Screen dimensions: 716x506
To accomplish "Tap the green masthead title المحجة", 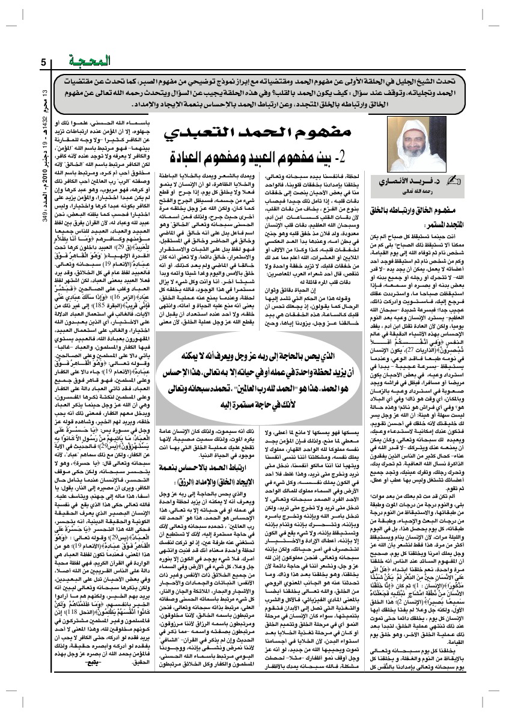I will coord(112,61).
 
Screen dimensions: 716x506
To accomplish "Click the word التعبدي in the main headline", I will coord(199,130).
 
